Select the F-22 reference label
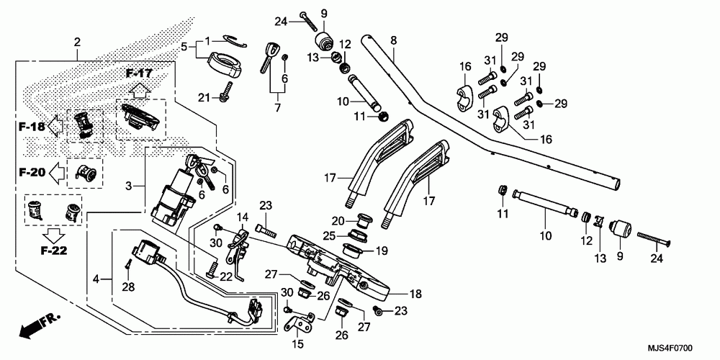point(53,251)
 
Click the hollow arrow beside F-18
point(56,126)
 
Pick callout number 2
point(77,42)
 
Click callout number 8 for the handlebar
point(393,40)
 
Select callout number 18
point(415,294)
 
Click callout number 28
point(128,287)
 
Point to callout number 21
point(204,97)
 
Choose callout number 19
point(382,251)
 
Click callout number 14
point(242,216)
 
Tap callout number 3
point(129,186)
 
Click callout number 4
point(96,278)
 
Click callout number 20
point(338,221)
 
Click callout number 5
point(184,46)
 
